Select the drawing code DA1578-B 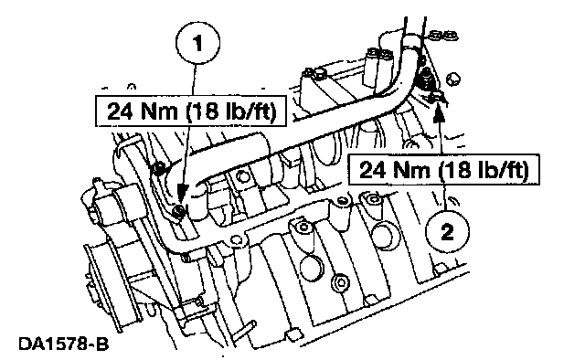(x=63, y=344)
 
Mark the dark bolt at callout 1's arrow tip (x=179, y=211)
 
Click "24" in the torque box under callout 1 (x=120, y=111)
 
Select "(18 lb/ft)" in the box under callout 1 (x=231, y=111)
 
